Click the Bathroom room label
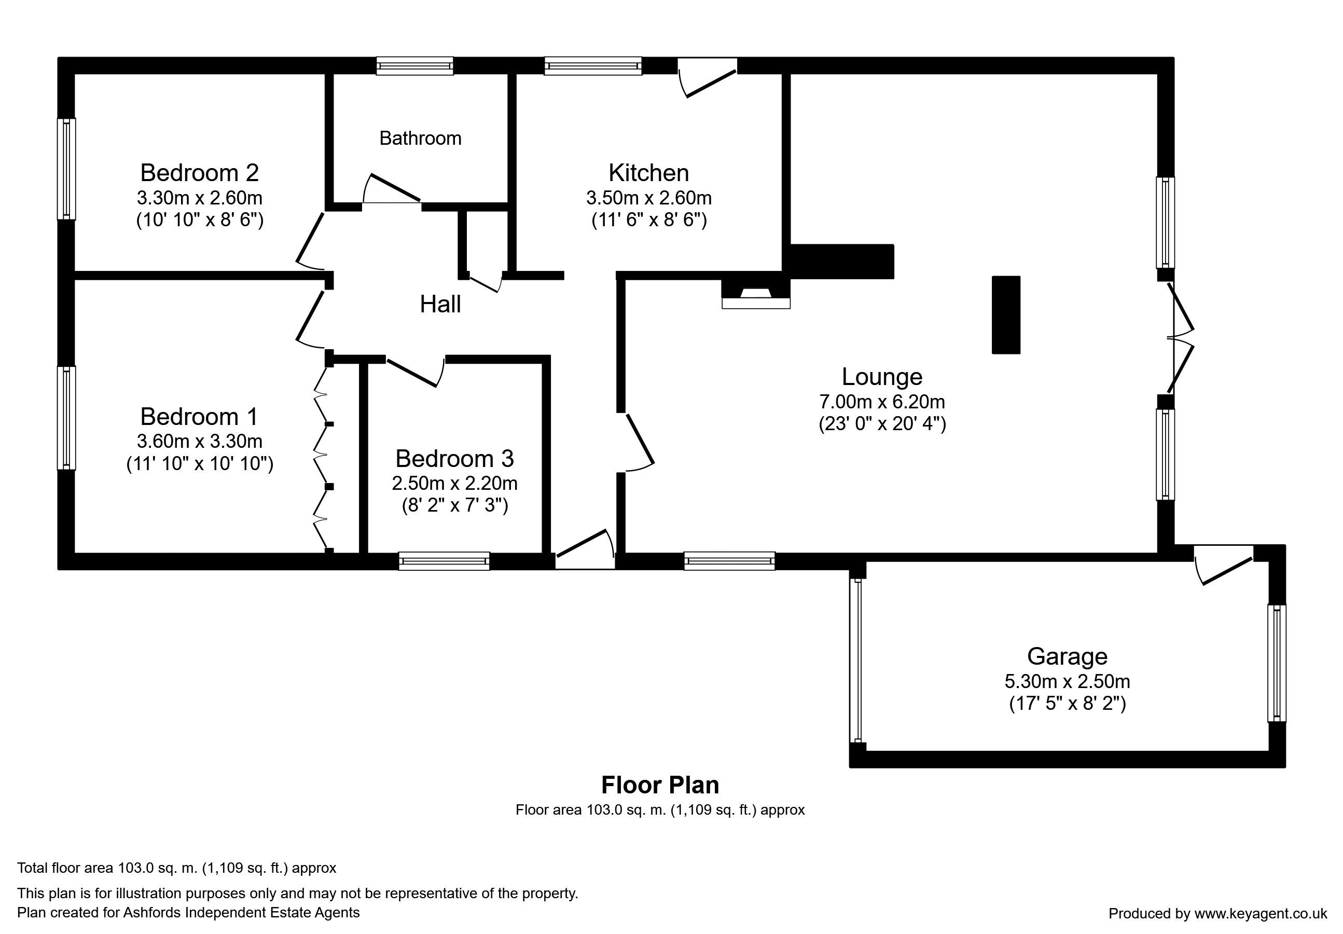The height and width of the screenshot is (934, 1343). [420, 138]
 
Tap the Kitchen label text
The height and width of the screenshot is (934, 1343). [649, 173]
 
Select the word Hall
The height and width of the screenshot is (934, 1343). [440, 304]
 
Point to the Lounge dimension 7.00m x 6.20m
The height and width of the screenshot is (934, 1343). [881, 402]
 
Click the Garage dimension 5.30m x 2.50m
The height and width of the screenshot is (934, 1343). [1067, 681]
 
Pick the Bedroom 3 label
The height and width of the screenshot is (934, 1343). [454, 458]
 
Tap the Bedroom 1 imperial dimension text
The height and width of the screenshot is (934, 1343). [200, 463]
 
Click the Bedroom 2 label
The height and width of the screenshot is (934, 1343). [200, 173]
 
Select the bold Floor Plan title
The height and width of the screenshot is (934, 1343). [660, 785]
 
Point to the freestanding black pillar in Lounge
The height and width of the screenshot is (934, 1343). [1006, 315]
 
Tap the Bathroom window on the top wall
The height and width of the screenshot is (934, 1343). [414, 65]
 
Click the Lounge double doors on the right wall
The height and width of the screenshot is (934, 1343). [1180, 338]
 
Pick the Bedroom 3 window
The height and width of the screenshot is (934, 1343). [444, 560]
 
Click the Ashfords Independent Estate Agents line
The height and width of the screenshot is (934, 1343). [188, 912]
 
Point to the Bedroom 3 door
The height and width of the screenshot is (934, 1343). [414, 371]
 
